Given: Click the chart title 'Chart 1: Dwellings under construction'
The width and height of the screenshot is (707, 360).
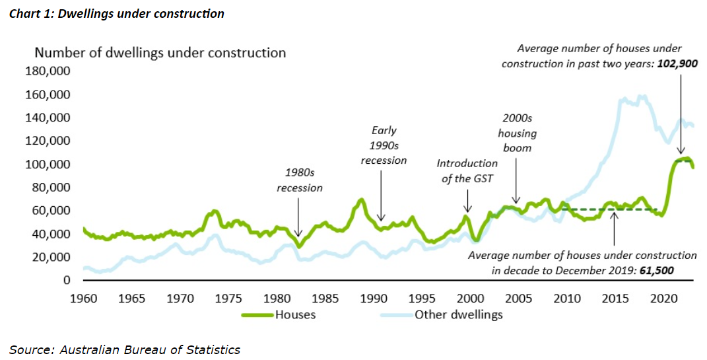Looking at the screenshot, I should click(117, 13).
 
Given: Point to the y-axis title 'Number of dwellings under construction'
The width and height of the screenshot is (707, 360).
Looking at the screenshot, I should click(160, 53).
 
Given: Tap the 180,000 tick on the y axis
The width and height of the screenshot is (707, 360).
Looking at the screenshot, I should click(47, 71).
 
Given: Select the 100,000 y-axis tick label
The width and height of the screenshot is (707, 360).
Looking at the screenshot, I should click(47, 164).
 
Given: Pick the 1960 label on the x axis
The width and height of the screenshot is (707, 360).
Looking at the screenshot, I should click(83, 299).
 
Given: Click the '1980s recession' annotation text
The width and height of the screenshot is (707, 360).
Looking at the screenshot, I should click(300, 180).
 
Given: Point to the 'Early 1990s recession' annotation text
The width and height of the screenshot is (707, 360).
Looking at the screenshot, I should click(384, 145).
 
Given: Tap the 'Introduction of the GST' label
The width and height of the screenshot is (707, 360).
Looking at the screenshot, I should click(467, 170).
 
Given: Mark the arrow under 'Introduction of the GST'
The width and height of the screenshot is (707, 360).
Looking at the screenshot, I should click(467, 201).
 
